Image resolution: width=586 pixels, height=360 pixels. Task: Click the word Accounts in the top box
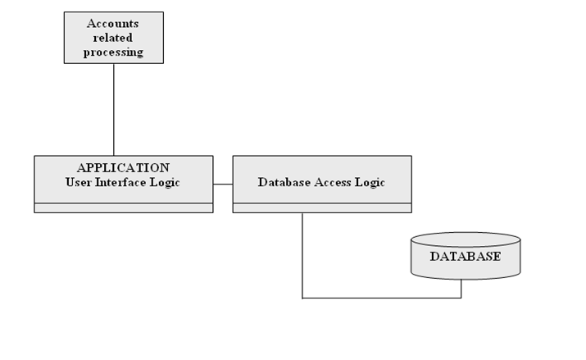click(x=113, y=23)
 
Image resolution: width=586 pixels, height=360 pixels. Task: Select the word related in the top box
click(x=113, y=38)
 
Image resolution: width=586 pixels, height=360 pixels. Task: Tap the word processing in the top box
click(x=113, y=52)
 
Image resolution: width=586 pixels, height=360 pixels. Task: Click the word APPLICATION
click(x=123, y=168)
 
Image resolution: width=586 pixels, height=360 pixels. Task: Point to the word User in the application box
click(x=79, y=182)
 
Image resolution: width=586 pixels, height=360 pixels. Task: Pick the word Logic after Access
click(x=370, y=182)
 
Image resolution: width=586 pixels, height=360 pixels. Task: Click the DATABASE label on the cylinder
click(x=465, y=257)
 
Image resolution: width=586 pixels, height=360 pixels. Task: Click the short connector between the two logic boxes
click(x=223, y=185)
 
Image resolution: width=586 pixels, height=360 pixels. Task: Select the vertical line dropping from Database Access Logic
click(x=302, y=254)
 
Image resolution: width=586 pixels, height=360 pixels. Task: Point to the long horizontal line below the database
click(x=381, y=298)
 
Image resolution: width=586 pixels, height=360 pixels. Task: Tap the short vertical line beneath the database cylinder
click(x=461, y=289)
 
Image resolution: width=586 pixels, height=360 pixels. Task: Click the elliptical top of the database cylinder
click(x=465, y=239)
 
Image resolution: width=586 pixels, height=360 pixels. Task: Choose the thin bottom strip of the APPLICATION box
click(x=123, y=208)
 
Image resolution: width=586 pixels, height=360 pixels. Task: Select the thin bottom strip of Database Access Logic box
click(x=322, y=208)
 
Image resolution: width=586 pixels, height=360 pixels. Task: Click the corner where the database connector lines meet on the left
click(x=302, y=298)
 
